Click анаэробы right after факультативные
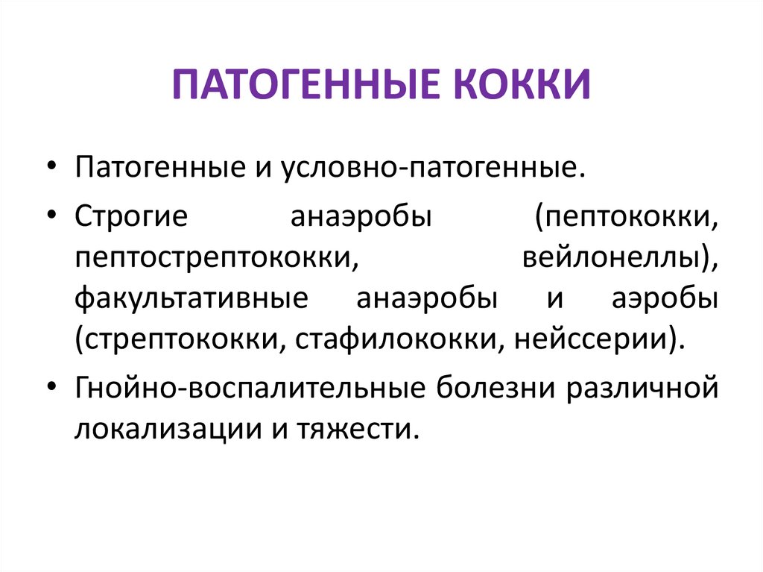pyautogui.click(x=428, y=299)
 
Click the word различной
pyautogui.click(x=646, y=389)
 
